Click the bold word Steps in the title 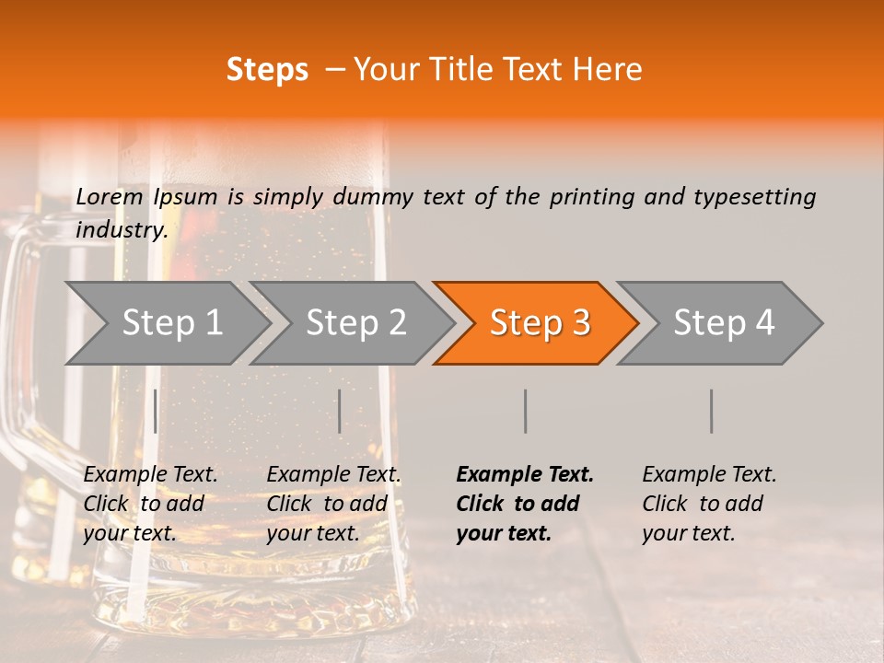click(x=267, y=70)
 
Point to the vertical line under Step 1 click(x=156, y=411)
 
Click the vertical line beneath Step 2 click(x=340, y=411)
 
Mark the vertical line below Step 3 click(x=526, y=411)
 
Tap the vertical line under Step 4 click(x=712, y=411)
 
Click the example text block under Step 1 click(x=150, y=504)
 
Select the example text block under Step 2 click(x=333, y=504)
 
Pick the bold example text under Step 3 click(x=525, y=504)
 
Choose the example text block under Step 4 click(x=709, y=504)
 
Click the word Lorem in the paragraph click(x=110, y=197)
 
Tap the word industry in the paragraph click(x=122, y=230)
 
